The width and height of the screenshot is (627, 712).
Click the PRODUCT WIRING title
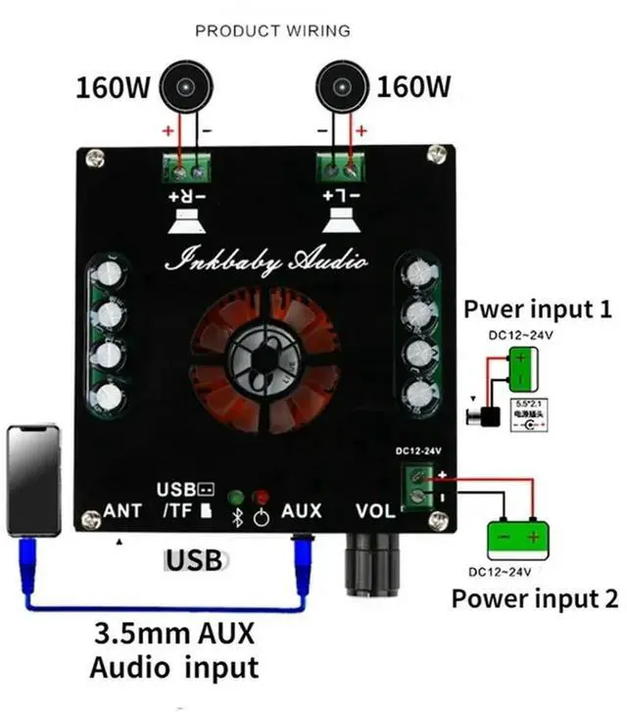[272, 30]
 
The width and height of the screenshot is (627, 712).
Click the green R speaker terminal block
[190, 166]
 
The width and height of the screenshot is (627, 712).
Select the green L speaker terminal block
[339, 166]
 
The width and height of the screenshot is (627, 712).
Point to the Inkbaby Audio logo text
[267, 261]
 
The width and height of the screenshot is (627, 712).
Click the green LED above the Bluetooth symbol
[236, 497]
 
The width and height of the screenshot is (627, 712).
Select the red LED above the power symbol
[261, 497]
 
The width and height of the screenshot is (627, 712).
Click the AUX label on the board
[301, 511]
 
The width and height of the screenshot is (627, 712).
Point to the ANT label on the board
[123, 511]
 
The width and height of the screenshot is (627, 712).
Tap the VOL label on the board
[375, 511]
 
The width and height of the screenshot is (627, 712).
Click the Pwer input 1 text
[538, 310]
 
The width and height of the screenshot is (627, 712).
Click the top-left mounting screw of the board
[94, 156]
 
